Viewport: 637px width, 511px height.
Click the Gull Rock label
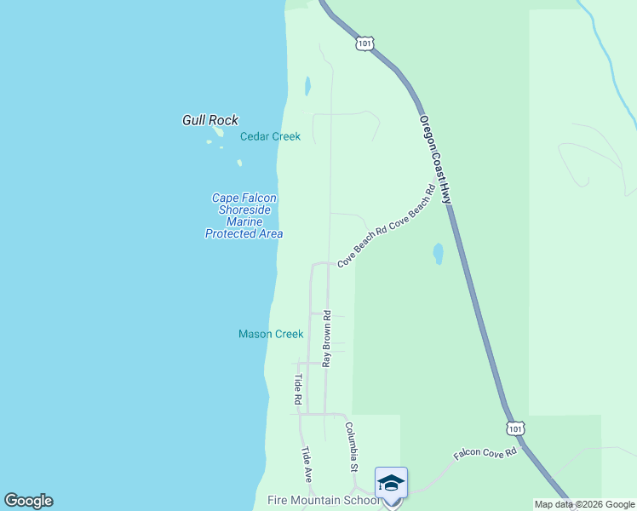[x=210, y=121]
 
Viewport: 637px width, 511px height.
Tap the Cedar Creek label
[x=270, y=136]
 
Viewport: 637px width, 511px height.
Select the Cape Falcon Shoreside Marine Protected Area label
[x=244, y=215]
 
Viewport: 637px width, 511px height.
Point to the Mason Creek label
[x=271, y=334]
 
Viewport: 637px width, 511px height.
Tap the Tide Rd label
[x=298, y=388]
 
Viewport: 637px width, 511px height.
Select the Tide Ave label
[x=307, y=465]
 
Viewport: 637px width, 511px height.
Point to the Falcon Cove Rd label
[x=485, y=453]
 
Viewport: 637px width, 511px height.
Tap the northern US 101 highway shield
[x=364, y=43]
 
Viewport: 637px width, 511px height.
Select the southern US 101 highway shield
[x=516, y=428]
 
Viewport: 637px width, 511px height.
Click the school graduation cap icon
[x=391, y=483]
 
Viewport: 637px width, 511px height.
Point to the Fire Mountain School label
[x=324, y=501]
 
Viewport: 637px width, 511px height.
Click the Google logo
[x=28, y=501]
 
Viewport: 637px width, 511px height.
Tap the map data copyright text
[x=584, y=504]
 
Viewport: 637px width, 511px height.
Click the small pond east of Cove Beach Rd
[x=438, y=253]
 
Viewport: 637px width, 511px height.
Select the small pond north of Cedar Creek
[x=307, y=85]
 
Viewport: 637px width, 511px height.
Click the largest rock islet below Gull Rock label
[x=219, y=133]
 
